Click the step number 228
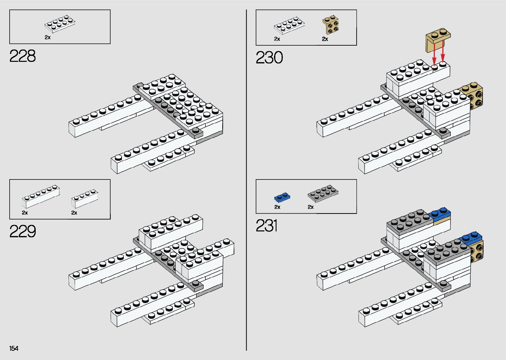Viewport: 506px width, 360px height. click(x=22, y=56)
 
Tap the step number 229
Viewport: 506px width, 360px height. click(x=22, y=231)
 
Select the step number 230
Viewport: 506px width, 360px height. click(x=269, y=58)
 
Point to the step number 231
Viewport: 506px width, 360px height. click(x=266, y=226)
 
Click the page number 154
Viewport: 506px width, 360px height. click(x=14, y=348)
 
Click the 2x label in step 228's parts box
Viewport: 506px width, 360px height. click(x=48, y=37)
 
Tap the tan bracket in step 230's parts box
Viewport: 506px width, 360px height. click(x=330, y=26)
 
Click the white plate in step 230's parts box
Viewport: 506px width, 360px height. click(x=289, y=25)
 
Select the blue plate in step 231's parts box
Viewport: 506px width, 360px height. click(x=282, y=197)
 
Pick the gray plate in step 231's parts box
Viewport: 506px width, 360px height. click(x=323, y=194)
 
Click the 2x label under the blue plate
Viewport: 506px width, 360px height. click(x=277, y=207)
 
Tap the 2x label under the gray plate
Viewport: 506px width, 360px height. click(x=311, y=207)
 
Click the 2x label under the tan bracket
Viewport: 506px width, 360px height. click(x=325, y=39)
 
